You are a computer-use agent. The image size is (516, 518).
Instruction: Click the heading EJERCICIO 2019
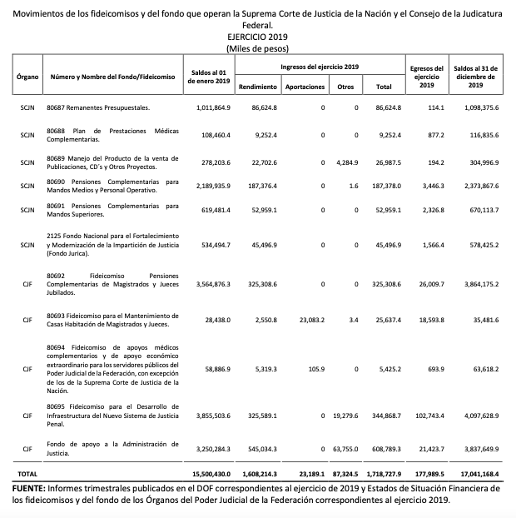pyautogui.click(x=257, y=37)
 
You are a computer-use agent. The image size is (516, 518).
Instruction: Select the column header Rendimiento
pyautogui.click(x=258, y=87)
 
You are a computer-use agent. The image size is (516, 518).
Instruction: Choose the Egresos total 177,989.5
pyautogui.click(x=429, y=473)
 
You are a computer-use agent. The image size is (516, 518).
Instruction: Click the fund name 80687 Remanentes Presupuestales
pyautogui.click(x=99, y=108)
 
